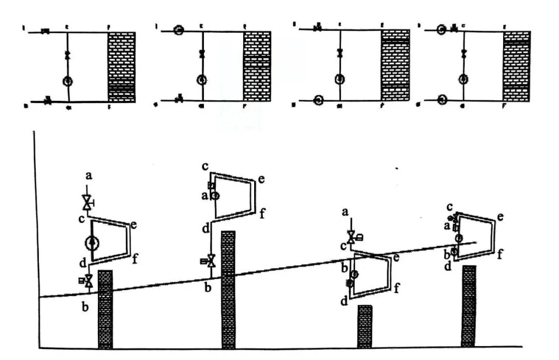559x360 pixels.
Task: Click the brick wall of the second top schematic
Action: (257, 67)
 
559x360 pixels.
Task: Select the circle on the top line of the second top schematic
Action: (179, 30)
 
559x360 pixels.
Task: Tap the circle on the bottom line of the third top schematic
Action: (318, 100)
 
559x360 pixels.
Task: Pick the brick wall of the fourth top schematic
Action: (516, 66)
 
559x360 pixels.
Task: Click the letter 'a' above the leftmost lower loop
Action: (89, 176)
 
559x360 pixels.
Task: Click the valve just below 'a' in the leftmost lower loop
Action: (87, 202)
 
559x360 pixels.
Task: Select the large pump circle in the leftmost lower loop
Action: (92, 242)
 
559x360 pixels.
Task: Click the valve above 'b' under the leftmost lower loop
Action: (89, 281)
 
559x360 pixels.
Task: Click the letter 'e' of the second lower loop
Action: (261, 179)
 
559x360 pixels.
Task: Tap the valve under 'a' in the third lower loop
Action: (351, 237)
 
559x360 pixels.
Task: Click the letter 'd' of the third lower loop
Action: (344, 301)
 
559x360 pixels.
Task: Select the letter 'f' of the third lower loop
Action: (397, 288)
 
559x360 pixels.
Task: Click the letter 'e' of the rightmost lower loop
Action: (501, 216)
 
